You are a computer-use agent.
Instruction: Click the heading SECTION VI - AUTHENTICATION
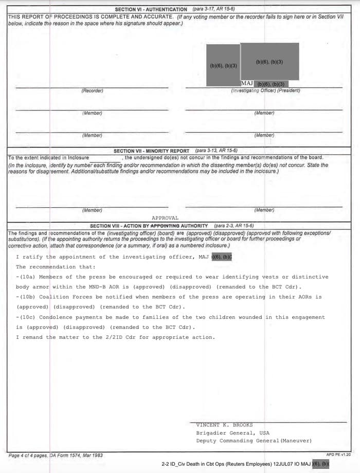151,9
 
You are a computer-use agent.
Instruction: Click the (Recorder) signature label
92,91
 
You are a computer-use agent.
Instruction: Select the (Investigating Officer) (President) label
265,91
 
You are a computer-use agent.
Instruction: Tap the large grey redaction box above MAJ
269,62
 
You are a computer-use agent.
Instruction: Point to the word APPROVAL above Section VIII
165,218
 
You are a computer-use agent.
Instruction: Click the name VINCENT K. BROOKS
224,425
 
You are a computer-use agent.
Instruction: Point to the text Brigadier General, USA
232,433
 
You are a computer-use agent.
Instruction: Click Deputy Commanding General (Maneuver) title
254,441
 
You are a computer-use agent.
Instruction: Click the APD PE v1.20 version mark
338,454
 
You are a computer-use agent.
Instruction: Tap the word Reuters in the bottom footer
231,464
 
